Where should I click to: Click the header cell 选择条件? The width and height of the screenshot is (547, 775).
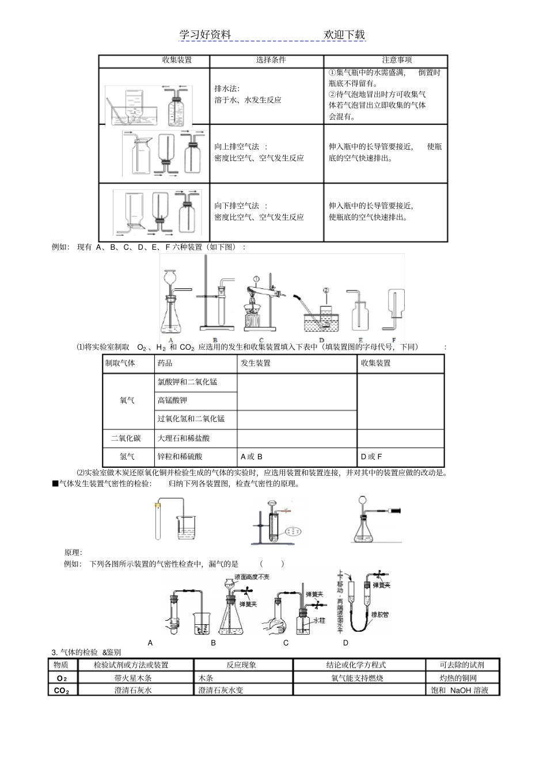pos(271,60)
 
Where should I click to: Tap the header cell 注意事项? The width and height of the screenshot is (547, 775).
pos(397,60)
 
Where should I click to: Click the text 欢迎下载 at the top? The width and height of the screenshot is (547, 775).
pos(344,35)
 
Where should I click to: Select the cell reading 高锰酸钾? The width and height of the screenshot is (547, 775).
pos(173,400)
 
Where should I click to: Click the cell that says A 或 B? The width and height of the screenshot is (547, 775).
pos(252,457)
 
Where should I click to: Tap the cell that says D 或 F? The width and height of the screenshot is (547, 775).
pos(371,457)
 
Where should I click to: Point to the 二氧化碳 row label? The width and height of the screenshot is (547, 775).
pos(126,438)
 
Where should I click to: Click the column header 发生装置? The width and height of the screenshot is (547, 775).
pos(256,363)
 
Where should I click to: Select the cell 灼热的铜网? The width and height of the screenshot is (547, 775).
pos(458,678)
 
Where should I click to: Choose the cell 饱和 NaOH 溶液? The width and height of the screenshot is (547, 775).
pos(459,690)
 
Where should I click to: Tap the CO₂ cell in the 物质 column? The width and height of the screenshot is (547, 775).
pos(62,690)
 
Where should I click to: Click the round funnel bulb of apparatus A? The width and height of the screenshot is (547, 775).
pos(170,276)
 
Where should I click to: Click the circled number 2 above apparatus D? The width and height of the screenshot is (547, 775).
pos(325,290)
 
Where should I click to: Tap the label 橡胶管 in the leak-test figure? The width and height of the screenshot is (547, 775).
pos(380,614)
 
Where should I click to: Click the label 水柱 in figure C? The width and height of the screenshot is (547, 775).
pos(320,621)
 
